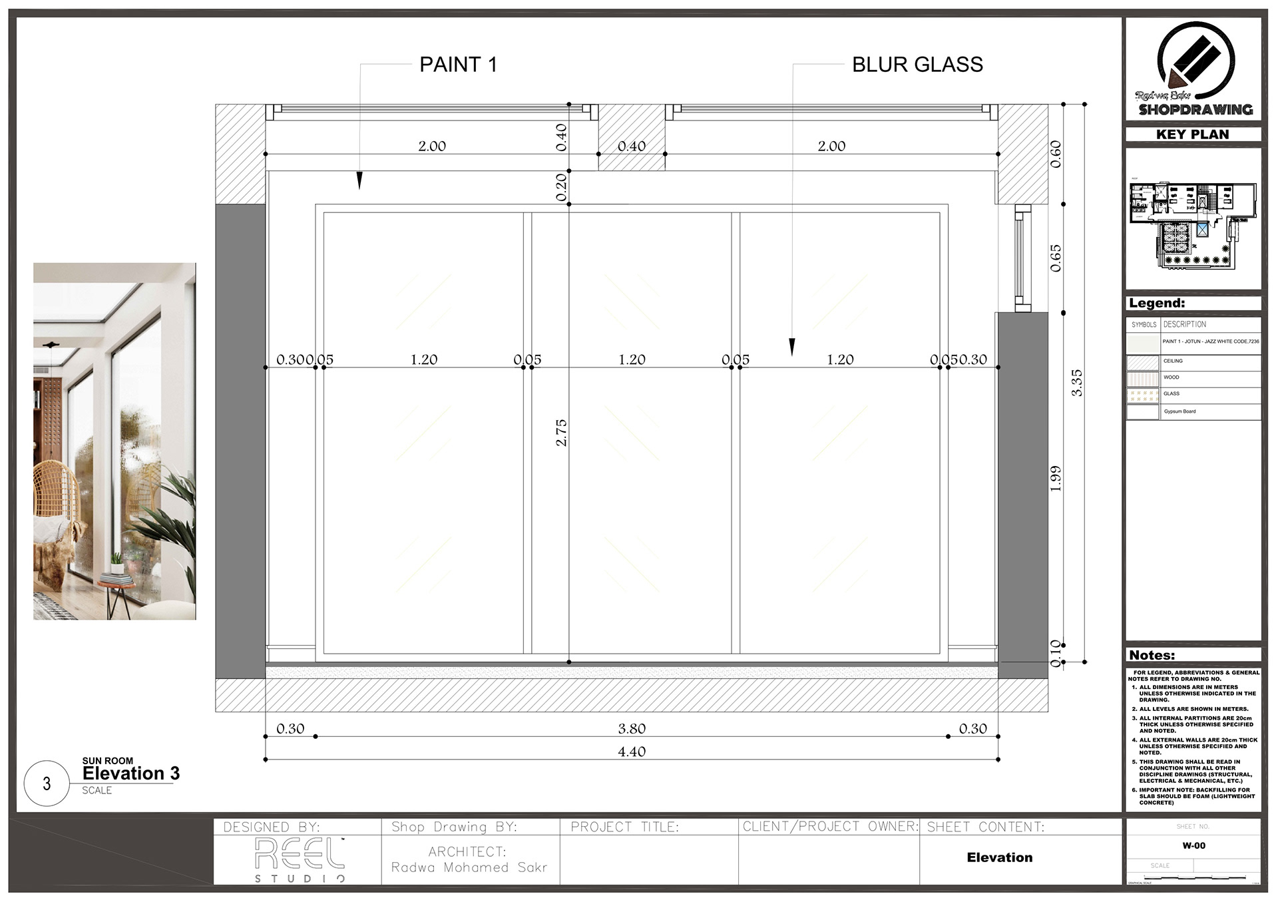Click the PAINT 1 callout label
(x=458, y=65)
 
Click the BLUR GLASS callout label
(x=917, y=65)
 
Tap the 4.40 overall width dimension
(x=632, y=752)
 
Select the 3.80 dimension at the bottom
(x=632, y=729)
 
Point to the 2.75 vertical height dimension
(x=561, y=432)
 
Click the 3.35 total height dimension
(x=1076, y=383)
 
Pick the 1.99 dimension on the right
(x=1056, y=479)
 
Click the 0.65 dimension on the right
(x=1056, y=258)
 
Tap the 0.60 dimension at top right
(x=1056, y=154)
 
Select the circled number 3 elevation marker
(x=47, y=784)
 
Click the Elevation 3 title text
(x=131, y=774)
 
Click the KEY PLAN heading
(x=1193, y=134)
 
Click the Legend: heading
(x=1157, y=304)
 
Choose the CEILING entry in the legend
(x=1173, y=361)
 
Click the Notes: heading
(x=1152, y=655)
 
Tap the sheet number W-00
(x=1193, y=846)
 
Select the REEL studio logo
(x=300, y=859)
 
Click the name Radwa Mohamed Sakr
(x=469, y=867)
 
